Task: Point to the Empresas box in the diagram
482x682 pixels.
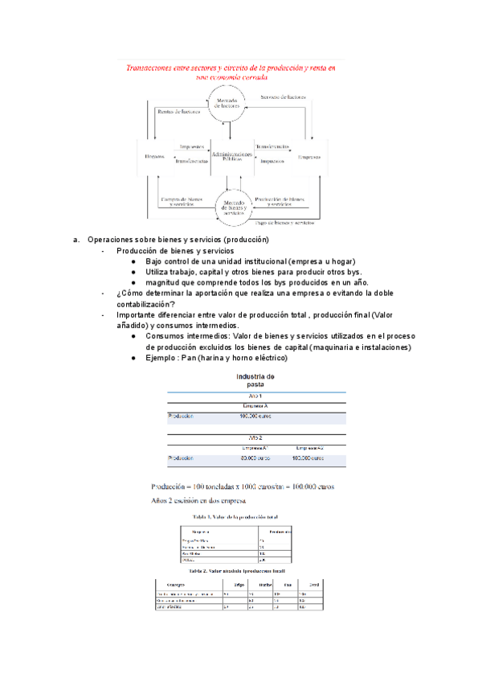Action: tap(308, 156)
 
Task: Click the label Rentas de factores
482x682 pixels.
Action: tap(178, 112)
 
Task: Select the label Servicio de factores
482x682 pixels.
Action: tap(282, 97)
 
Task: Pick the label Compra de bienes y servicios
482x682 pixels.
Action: tap(179, 201)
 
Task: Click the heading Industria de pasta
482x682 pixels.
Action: tap(255, 380)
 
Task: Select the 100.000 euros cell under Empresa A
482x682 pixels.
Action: tap(256, 417)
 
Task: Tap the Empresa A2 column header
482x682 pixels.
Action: tap(309, 447)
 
